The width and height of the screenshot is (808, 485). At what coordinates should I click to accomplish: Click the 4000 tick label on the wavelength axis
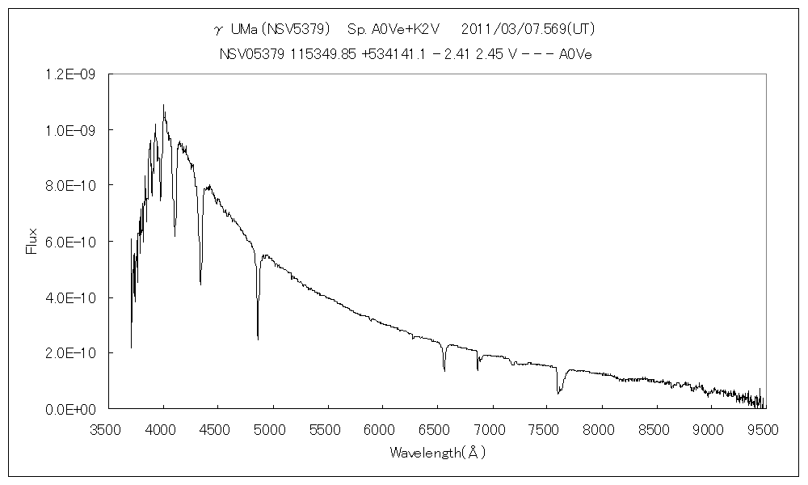point(163,428)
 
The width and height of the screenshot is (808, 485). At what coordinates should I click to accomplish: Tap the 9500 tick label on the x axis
point(764,428)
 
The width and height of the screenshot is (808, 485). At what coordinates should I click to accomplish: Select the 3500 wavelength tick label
point(109,428)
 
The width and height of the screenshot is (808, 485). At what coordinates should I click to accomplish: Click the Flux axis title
point(32,242)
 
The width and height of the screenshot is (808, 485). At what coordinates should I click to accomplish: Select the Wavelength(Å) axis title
point(437,453)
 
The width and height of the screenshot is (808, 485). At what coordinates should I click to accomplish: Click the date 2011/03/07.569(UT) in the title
point(528,29)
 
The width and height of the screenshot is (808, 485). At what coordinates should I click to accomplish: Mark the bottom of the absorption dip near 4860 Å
point(258,338)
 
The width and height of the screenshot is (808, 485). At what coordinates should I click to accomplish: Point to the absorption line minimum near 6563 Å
point(444,370)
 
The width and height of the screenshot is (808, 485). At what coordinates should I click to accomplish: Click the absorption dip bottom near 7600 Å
point(558,393)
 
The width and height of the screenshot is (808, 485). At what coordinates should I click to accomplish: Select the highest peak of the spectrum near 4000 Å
point(164,105)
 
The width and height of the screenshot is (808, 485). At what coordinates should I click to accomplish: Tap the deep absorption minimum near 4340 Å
point(200,284)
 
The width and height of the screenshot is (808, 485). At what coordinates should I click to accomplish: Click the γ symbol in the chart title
point(217,31)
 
